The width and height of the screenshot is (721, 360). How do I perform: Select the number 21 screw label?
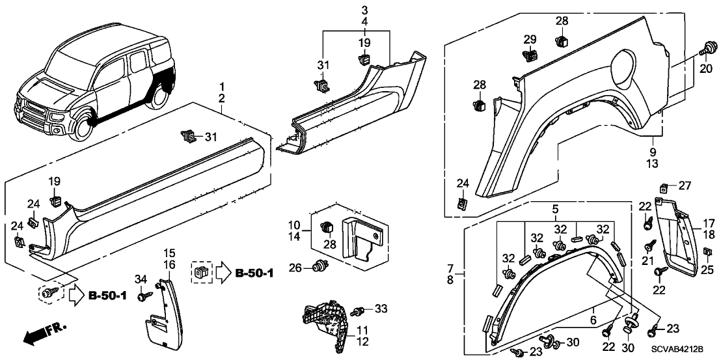point(647,260)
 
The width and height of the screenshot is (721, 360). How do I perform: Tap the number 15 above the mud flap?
point(169,253)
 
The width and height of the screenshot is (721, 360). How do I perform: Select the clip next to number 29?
point(530,55)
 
